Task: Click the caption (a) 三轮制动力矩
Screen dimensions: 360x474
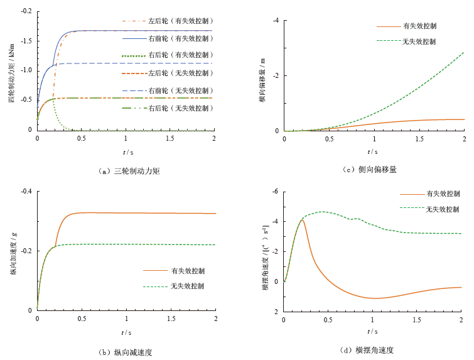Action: (130, 170)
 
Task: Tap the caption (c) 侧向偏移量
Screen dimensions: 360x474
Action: (370, 170)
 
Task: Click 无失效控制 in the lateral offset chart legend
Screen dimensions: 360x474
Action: (419, 41)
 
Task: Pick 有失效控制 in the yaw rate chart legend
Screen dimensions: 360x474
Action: (443, 194)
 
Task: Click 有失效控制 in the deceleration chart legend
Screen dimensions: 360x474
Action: (188, 271)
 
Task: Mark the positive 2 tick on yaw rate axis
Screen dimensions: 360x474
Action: (276, 311)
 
